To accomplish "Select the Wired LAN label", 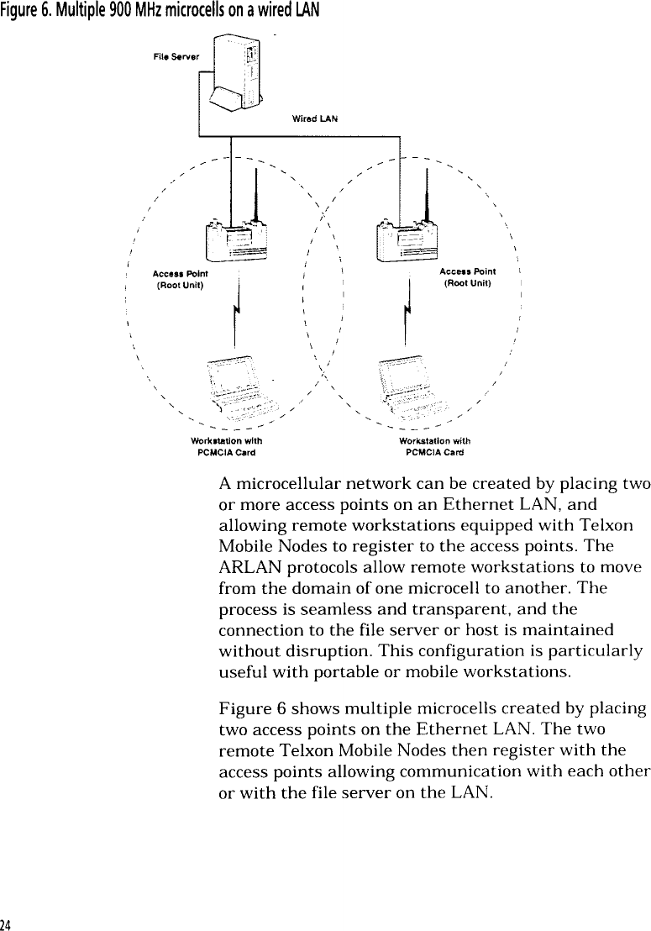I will pyautogui.click(x=308, y=119).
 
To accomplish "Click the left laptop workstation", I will pyautogui.click(x=240, y=387).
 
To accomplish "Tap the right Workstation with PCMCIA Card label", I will pyautogui.click(x=434, y=445).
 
